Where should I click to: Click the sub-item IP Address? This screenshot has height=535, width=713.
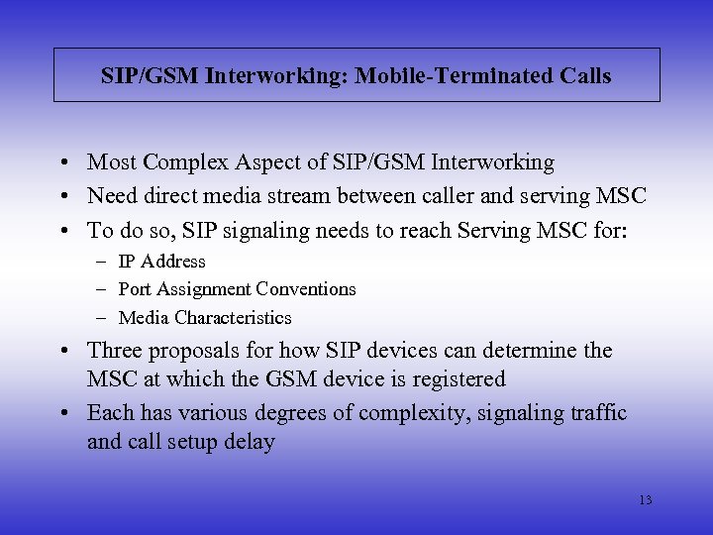tap(161, 262)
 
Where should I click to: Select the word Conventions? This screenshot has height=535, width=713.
tap(306, 289)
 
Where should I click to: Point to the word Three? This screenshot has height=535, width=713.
tap(115, 351)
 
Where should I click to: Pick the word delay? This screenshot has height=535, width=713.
tap(249, 441)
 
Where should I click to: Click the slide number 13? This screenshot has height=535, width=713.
tap(645, 500)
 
